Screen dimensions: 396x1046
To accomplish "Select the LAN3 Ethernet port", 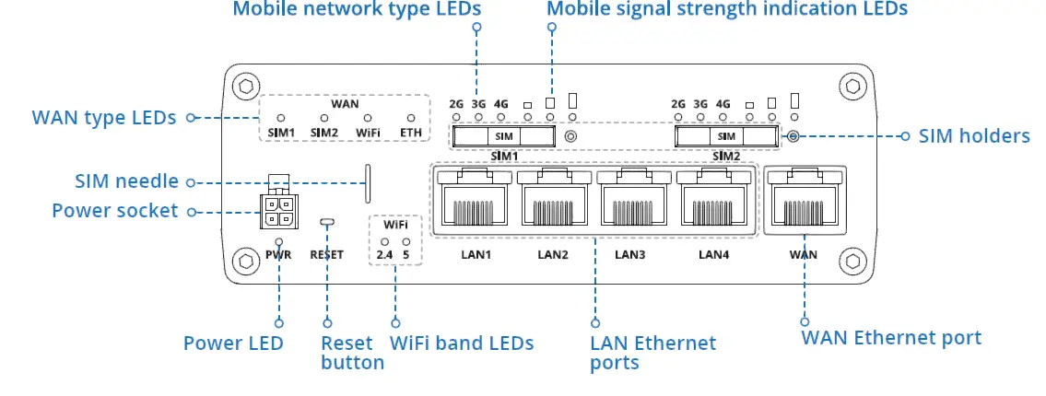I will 632,200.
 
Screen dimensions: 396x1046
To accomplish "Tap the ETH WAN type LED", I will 411,119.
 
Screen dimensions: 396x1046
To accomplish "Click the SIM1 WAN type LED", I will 281,119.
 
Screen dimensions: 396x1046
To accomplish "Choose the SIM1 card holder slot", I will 503,136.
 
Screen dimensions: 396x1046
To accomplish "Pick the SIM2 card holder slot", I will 726,136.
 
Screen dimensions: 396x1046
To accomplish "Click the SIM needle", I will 370,184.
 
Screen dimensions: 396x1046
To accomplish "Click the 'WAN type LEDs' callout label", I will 103,118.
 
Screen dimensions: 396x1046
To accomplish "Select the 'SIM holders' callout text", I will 974,136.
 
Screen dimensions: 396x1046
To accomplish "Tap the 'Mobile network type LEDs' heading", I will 358,9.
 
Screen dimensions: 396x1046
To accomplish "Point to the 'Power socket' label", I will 114,211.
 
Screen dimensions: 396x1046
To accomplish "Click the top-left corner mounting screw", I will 245,87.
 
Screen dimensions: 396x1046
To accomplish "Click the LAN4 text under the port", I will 713,254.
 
